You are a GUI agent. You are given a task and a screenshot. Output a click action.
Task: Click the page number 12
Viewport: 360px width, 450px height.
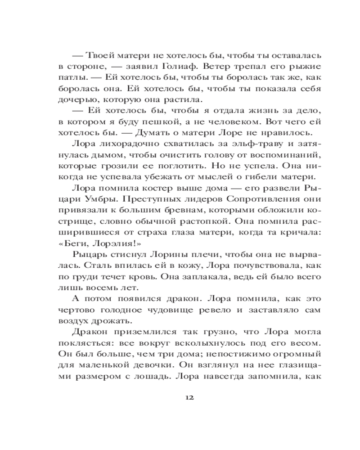coord(189,398)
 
